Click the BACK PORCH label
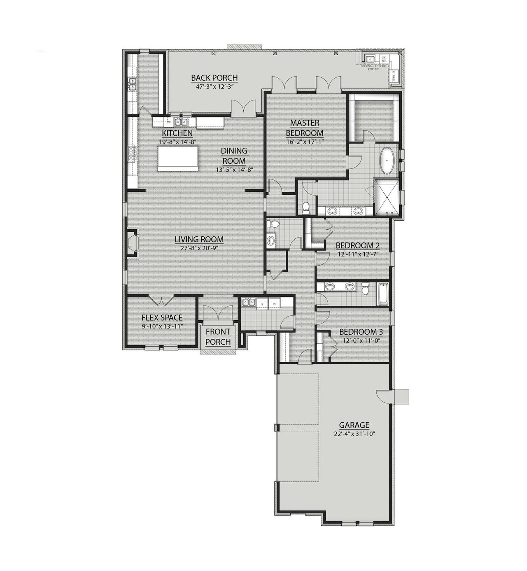pyautogui.click(x=214, y=78)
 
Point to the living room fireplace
pyautogui.click(x=133, y=243)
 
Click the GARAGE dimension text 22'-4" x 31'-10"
pyautogui.click(x=354, y=434)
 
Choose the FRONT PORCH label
pyautogui.click(x=218, y=336)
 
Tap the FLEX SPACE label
pyautogui.click(x=162, y=318)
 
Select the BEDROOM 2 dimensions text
pyautogui.click(x=357, y=254)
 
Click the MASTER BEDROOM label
pyautogui.click(x=304, y=128)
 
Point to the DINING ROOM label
pyautogui.click(x=234, y=156)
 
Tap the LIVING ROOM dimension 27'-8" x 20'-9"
pyautogui.click(x=199, y=248)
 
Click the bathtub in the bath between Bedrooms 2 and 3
pyautogui.click(x=383, y=294)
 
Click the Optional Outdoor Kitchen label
pyautogui.click(x=373, y=68)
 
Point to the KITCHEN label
pyautogui.click(x=177, y=134)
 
